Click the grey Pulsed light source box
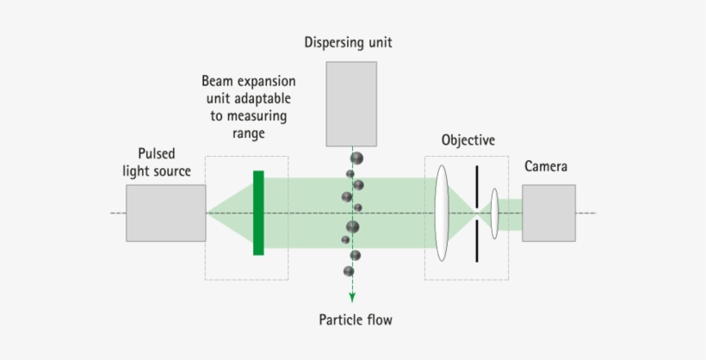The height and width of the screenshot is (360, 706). [x=165, y=213]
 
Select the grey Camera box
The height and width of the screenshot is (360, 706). [x=548, y=213]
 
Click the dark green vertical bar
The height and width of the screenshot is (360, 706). [x=258, y=213]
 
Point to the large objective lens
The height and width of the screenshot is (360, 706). [x=443, y=213]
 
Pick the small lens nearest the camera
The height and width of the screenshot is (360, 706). [x=495, y=213]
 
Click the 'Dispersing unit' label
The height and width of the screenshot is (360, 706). [x=348, y=41]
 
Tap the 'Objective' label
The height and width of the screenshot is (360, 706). [x=468, y=140]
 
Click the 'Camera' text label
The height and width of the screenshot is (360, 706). [x=546, y=165]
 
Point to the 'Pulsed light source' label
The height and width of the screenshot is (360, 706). [x=157, y=162]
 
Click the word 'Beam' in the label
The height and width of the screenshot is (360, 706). [x=219, y=81]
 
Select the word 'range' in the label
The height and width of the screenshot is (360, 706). [x=248, y=133]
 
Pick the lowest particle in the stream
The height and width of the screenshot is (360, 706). [x=349, y=271]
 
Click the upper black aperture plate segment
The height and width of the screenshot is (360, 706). [x=476, y=185]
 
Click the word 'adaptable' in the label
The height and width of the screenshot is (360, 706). [x=261, y=98]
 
